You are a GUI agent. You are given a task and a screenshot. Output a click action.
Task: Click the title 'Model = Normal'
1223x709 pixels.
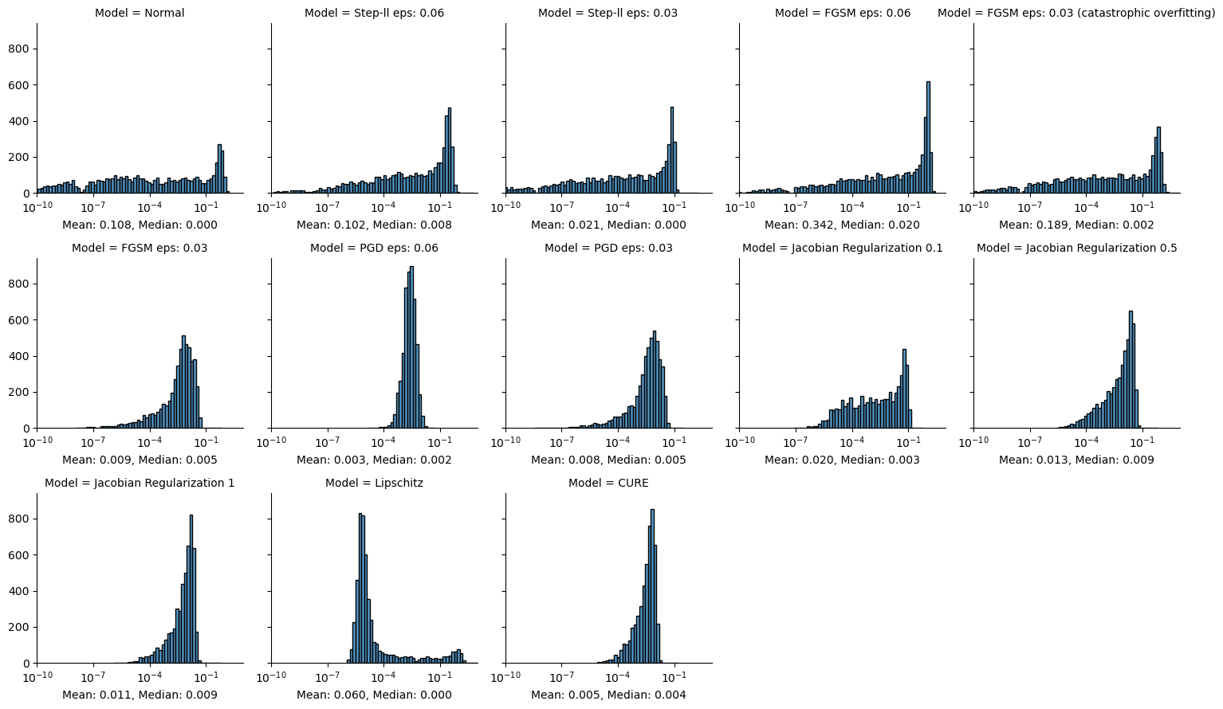(x=140, y=13)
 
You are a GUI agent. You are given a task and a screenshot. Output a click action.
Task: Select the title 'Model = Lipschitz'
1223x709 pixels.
(x=374, y=483)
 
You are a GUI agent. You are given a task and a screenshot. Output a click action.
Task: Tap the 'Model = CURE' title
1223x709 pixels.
(x=608, y=483)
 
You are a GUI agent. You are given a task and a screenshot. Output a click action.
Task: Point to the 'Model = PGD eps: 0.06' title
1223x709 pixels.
(x=374, y=248)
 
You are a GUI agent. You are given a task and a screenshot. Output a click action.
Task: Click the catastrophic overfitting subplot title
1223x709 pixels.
(x=1076, y=13)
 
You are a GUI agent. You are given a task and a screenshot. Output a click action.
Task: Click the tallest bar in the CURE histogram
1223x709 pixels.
(x=652, y=586)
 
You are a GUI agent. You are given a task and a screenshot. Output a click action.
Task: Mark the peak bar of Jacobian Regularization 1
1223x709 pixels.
(x=191, y=589)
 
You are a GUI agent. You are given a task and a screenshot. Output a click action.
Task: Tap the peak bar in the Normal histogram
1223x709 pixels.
(x=219, y=169)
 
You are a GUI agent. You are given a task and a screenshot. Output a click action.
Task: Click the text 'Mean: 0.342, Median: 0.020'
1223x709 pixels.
(x=842, y=225)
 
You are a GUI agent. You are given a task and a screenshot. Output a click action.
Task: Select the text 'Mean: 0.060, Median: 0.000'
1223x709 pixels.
(x=374, y=695)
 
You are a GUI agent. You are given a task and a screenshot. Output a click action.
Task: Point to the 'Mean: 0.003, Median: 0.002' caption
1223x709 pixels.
(x=374, y=460)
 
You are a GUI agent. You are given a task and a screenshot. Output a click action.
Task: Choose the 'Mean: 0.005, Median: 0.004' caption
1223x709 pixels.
(x=608, y=695)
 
